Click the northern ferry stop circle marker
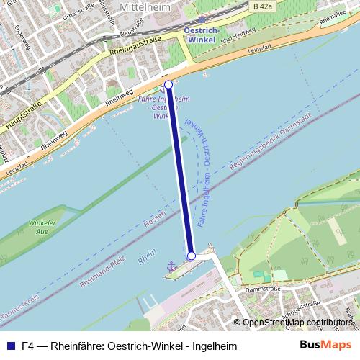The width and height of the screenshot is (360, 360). pyautogui.click(x=168, y=85)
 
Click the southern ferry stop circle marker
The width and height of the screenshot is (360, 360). pyautogui.click(x=192, y=256)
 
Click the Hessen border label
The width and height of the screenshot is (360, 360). pyautogui.click(x=154, y=222)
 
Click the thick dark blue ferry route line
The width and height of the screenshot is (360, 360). pyautogui.click(x=180, y=170)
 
